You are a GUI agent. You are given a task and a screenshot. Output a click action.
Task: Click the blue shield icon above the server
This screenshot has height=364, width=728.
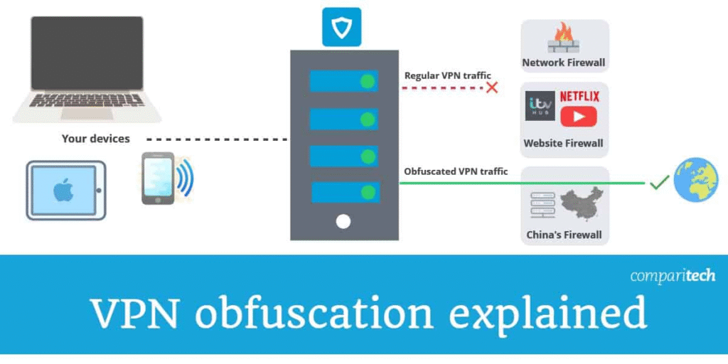coord(341,27)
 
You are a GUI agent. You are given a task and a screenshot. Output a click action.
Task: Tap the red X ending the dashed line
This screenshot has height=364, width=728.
coord(491,87)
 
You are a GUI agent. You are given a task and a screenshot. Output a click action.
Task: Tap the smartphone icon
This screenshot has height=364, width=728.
coord(157,178)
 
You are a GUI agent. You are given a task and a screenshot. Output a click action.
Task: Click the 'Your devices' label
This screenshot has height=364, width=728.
coord(96,139)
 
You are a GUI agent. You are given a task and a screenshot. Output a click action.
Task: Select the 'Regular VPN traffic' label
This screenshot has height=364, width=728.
coord(447,75)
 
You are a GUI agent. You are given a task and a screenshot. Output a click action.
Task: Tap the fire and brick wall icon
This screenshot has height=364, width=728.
coord(564,38)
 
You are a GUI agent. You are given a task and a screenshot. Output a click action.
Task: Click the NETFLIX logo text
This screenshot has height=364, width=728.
coord(579,96)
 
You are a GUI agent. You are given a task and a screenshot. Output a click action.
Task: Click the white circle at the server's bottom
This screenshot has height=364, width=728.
coord(343,221)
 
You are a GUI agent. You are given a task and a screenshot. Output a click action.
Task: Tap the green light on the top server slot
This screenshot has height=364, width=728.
coord(367,81)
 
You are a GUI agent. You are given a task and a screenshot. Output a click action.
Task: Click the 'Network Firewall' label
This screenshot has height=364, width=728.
coord(564,63)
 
